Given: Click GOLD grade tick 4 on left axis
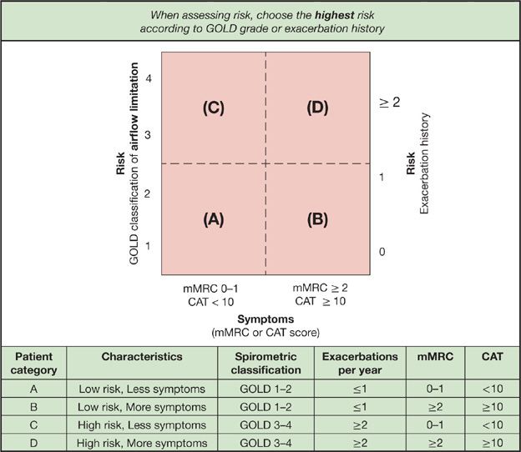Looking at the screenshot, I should click(148, 78).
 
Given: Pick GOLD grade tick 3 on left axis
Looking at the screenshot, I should click(148, 134).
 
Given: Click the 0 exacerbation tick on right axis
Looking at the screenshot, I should click(382, 251).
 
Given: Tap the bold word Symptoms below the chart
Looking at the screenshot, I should click(265, 319).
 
